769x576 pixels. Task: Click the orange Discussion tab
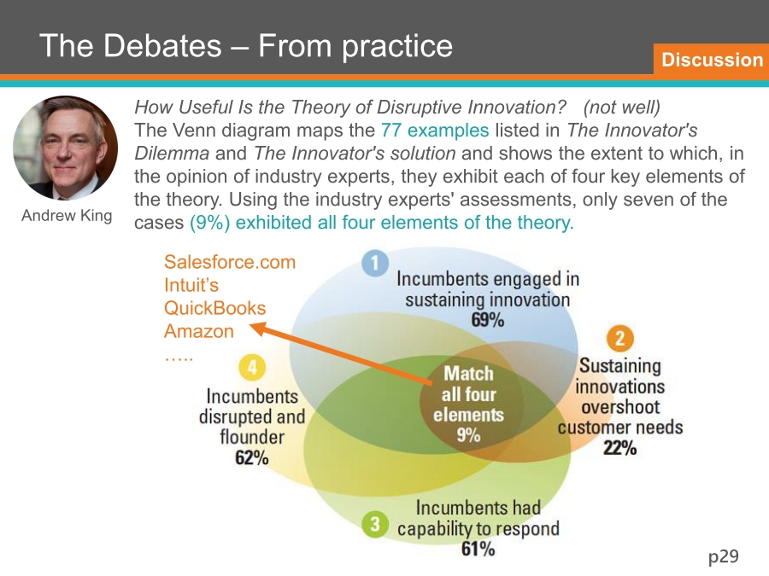coord(712,59)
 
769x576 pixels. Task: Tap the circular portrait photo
coord(65,148)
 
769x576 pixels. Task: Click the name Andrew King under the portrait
coord(67,216)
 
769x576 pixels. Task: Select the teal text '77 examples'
coord(435,131)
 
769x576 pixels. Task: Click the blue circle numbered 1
coord(375,263)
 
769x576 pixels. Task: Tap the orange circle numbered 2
coord(620,339)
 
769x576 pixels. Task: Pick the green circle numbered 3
coord(375,524)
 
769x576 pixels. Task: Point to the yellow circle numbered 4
coord(252,367)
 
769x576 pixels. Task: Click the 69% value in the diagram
coord(488,320)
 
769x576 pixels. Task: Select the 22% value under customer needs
coord(620,448)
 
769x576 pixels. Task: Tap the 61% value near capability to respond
coord(478,549)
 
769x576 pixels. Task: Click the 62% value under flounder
coord(251,458)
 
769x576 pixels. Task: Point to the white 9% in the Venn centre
coord(468,435)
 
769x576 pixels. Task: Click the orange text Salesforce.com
coord(230,262)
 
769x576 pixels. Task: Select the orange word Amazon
coord(198,331)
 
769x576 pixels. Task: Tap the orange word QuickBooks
coord(214,308)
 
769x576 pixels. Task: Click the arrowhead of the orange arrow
coord(257,328)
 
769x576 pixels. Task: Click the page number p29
coord(724,556)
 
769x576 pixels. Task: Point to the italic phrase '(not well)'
coord(622,108)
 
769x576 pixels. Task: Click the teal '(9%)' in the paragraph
coord(210,223)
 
